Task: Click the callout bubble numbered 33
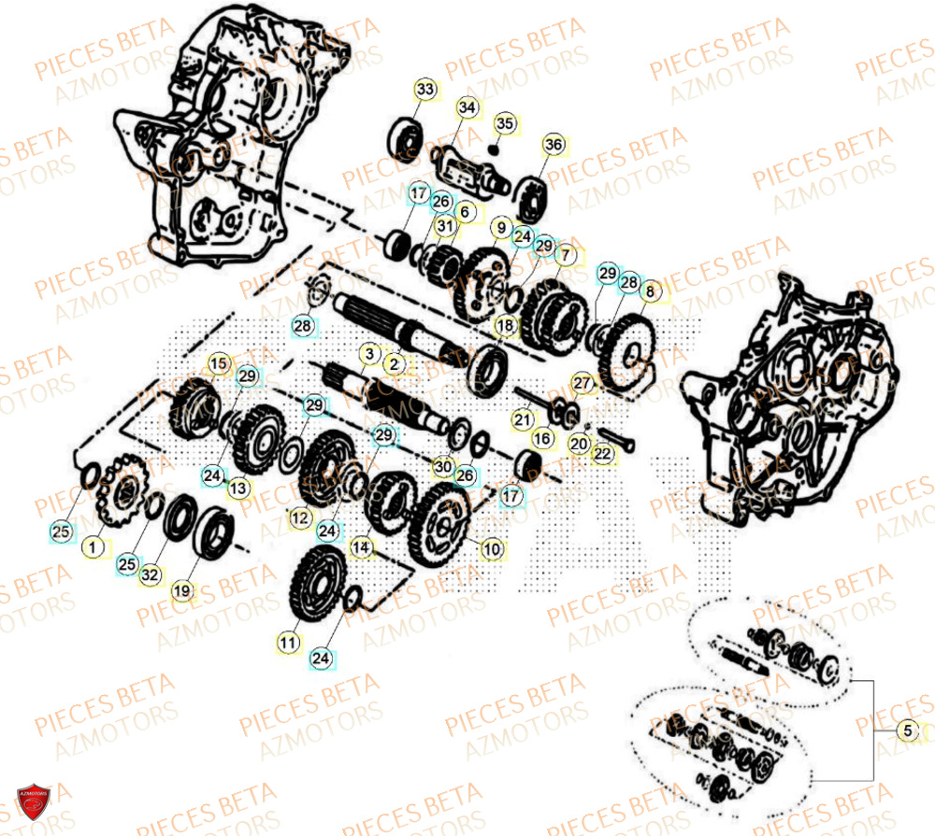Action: (425, 90)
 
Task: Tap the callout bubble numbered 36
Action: (554, 145)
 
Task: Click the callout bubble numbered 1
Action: (93, 545)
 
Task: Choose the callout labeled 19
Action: (182, 590)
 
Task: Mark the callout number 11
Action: (288, 643)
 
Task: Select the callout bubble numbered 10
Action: (491, 548)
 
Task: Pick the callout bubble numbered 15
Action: (218, 362)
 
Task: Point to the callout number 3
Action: (369, 354)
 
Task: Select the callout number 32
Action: (150, 575)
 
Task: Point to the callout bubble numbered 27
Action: (583, 383)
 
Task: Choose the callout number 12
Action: (299, 517)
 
